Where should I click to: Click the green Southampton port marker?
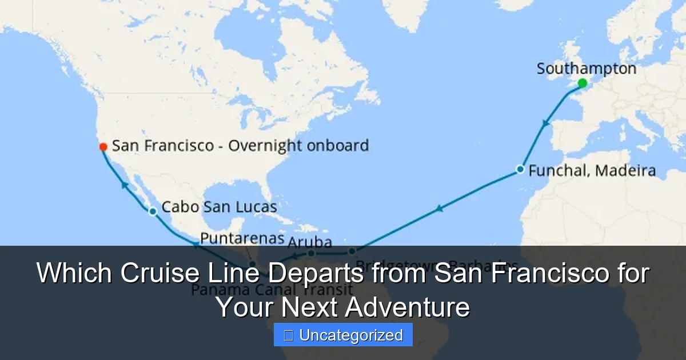582,83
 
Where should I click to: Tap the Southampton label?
586,69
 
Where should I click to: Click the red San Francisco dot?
103,147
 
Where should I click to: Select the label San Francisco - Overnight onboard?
240,146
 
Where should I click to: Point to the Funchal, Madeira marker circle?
520,169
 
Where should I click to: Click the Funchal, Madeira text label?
592,170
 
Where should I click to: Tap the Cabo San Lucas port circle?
153,211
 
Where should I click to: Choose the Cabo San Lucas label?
219,207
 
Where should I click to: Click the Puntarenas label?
242,238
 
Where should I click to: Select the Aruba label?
310,242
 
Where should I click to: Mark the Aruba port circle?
311,253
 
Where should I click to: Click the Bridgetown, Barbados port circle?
352,251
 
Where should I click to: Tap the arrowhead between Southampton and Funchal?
547,123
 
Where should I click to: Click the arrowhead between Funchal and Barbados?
438,209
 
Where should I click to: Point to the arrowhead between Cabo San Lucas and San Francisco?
123,184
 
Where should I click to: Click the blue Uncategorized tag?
343,335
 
